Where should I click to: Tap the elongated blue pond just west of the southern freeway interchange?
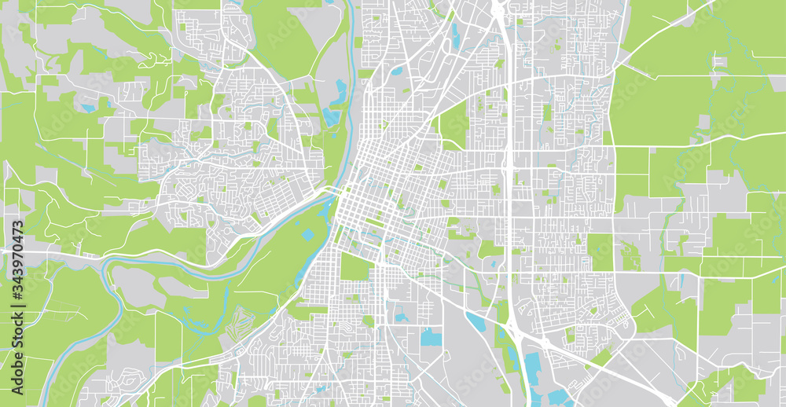[476, 321]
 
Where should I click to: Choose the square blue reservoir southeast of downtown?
[431, 337]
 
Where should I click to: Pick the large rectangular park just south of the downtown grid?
[354, 267]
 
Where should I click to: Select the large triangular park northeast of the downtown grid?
[453, 126]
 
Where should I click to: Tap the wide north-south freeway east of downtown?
[509, 196]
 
